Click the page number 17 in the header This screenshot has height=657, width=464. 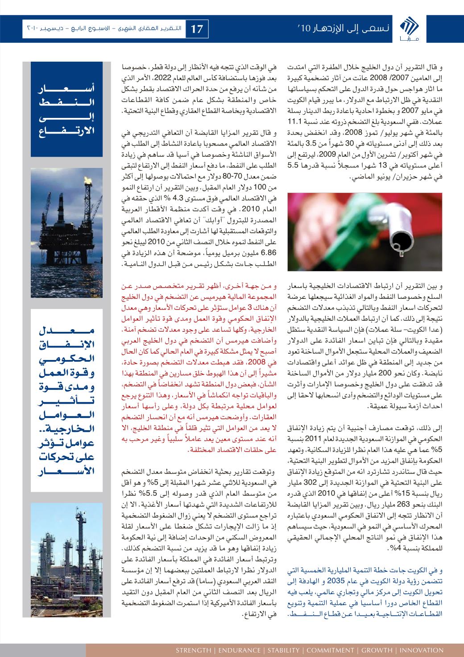pyautogui.click(x=197, y=29)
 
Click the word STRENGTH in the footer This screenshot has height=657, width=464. pyautogui.click(x=193, y=650)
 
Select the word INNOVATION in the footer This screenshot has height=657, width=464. pyautogui.click(x=419, y=650)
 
